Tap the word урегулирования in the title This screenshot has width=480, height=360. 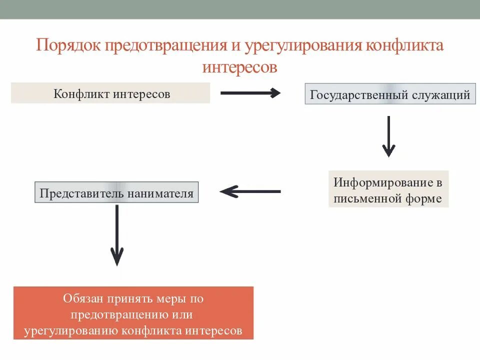[x=304, y=46]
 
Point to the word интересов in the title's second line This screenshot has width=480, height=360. [x=239, y=67]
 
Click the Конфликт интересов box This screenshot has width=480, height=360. [x=110, y=93]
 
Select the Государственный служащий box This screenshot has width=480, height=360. [x=390, y=94]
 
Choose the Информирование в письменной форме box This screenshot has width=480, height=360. [x=388, y=189]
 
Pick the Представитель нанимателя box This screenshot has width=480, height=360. [x=116, y=193]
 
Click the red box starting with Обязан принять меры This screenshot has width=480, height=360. [x=133, y=313]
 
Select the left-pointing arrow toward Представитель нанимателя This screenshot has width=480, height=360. [x=250, y=191]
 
